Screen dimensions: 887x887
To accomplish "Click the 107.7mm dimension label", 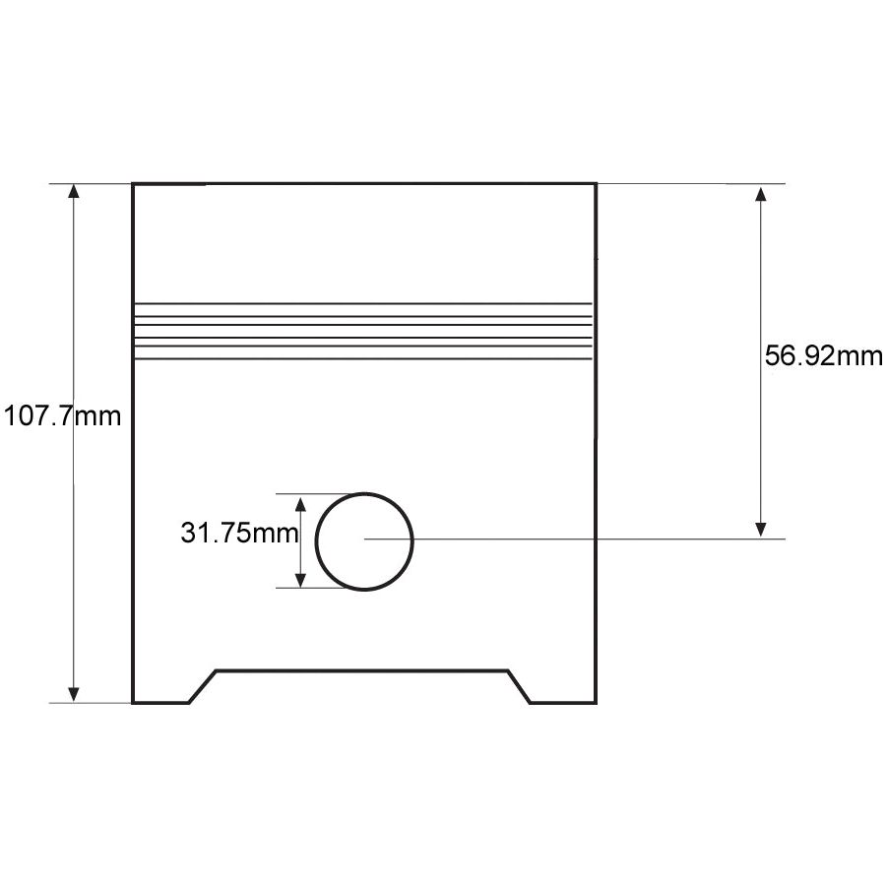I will [62, 416].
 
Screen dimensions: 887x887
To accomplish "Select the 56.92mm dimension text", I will [824, 356].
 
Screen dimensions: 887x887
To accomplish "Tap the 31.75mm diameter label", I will [239, 534].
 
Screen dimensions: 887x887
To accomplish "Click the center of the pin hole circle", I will [364, 539].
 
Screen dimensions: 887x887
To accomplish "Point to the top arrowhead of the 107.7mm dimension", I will [73, 191].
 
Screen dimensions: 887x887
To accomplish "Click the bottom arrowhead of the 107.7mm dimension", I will [73, 694].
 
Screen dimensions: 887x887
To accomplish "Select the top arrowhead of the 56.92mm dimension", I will [760, 192].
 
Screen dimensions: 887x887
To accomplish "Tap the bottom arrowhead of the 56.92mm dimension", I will [760, 530].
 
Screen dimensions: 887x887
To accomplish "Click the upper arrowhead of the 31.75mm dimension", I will [302, 502].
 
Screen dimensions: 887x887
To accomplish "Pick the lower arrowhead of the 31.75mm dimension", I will [302, 580].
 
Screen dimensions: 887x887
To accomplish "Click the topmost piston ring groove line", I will [362, 303].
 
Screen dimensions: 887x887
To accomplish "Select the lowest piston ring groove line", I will [362, 358].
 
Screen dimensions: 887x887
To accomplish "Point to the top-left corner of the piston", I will [134, 184].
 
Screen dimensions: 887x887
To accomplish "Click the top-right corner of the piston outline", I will [596, 184].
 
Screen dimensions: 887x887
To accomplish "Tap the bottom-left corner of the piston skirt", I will [134, 702].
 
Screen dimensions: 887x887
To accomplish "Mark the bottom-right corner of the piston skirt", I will [596, 702].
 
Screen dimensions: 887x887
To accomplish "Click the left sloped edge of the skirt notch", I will [202, 687].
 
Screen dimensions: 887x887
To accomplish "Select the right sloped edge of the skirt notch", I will [520, 687].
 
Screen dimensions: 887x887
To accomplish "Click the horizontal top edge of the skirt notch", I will [362, 671].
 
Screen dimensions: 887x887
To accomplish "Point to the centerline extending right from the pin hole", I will [591, 539].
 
